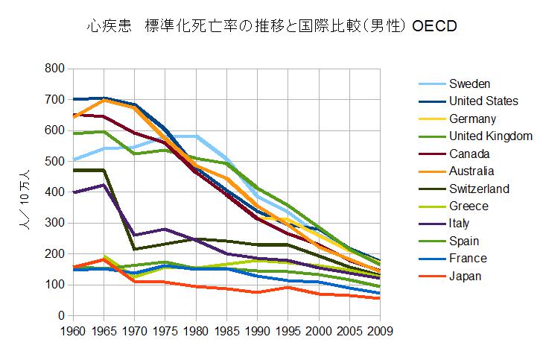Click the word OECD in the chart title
(433, 27)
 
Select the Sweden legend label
(469, 83)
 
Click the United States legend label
(483, 101)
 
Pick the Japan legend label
(466, 276)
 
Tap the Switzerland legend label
(479, 189)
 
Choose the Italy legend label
(460, 224)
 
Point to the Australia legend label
(474, 171)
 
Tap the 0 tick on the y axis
(61, 315)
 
